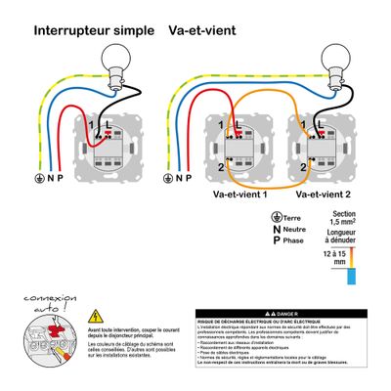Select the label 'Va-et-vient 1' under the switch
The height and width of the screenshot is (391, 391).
tap(245, 195)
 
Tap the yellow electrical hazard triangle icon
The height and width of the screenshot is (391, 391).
tap(95, 316)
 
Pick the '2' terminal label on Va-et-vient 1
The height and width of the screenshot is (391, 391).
tap(222, 168)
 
